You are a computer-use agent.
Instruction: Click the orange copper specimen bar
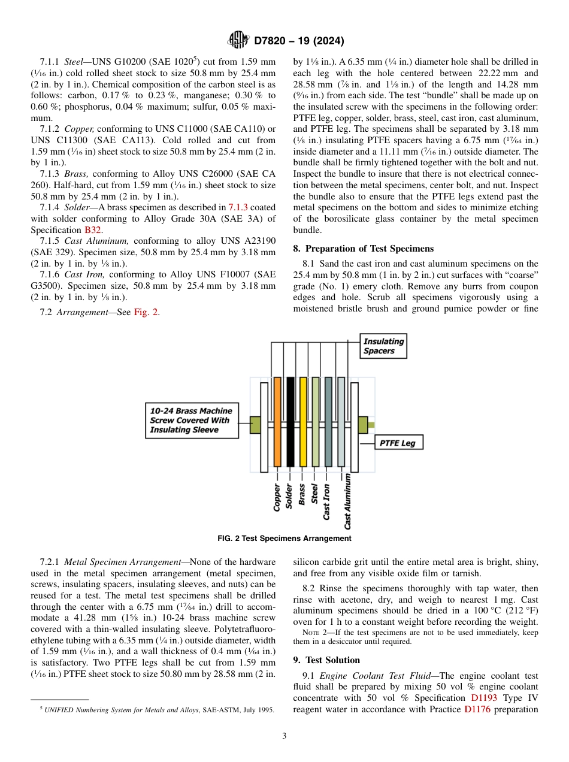coord(277,422)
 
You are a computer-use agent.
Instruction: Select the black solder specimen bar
coord(290,422)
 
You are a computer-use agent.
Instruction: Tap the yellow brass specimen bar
coord(303,422)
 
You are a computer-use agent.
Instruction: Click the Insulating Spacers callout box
coord(383,346)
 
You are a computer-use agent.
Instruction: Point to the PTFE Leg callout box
coord(399,443)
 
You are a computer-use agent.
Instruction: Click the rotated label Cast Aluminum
coord(347,502)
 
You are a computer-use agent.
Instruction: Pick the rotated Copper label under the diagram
coord(277,497)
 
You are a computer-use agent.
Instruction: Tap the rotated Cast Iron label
coord(326,501)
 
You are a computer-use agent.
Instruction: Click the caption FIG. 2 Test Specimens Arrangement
coord(284,538)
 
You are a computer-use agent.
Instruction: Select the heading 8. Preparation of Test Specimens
coord(363,249)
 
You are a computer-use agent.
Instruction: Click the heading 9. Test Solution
coord(326,660)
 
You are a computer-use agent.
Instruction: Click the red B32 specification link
coord(92,229)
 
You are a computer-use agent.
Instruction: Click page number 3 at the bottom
coord(284,736)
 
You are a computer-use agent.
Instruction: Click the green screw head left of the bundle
coord(255,425)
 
